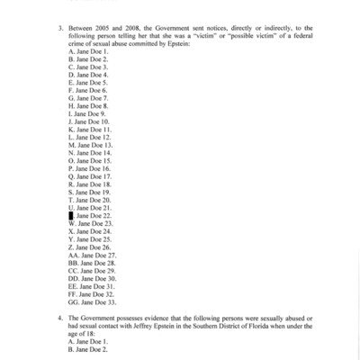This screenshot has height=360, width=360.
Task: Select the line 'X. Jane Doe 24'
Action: coord(89,230)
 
